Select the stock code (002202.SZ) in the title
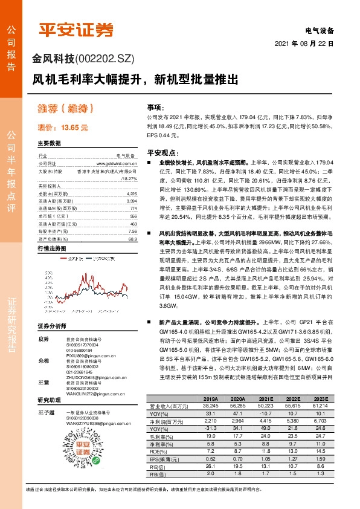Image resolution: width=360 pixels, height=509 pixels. click(104, 59)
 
